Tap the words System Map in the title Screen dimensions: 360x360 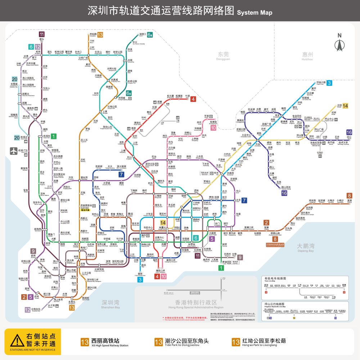(255, 13)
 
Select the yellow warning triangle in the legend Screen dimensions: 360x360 (16, 340)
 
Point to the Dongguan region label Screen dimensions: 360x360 (223, 55)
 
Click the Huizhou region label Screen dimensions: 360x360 (307, 55)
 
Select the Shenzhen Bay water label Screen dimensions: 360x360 (110, 304)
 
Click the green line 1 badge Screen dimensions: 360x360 (54, 136)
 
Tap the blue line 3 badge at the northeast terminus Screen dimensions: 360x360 (329, 83)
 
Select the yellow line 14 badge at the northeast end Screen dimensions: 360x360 (345, 106)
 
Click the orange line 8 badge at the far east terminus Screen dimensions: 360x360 (349, 195)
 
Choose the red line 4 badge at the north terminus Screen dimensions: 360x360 (193, 99)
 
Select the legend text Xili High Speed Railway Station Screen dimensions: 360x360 (109, 345)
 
